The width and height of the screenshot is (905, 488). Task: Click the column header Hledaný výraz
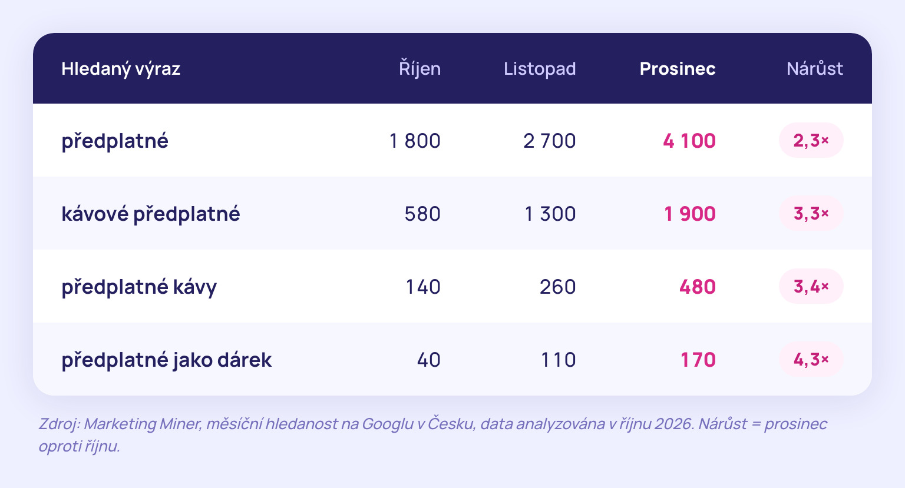click(x=121, y=69)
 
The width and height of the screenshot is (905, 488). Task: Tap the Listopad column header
click(x=540, y=69)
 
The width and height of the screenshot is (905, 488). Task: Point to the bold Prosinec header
click(x=678, y=69)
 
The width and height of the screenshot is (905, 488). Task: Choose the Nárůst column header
click(x=815, y=68)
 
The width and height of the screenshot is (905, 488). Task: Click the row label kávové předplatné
click(x=151, y=214)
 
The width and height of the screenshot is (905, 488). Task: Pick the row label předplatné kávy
click(x=139, y=287)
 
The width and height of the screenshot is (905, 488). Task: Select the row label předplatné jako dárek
click(x=167, y=360)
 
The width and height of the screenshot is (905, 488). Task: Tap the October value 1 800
click(x=415, y=141)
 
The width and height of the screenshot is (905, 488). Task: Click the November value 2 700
click(x=550, y=141)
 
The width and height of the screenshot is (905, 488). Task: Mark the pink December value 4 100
click(x=689, y=141)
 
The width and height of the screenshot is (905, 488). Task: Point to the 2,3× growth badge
click(x=811, y=141)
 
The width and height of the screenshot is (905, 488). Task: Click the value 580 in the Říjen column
click(x=422, y=214)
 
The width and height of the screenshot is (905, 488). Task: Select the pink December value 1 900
click(x=690, y=214)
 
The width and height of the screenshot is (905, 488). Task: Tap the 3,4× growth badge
click(x=811, y=286)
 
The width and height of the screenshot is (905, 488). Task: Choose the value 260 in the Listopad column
click(x=558, y=287)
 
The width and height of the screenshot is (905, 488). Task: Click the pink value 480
click(x=698, y=287)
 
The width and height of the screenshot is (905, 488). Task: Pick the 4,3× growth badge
click(x=811, y=359)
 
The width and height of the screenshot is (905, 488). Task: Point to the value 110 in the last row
click(x=559, y=360)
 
